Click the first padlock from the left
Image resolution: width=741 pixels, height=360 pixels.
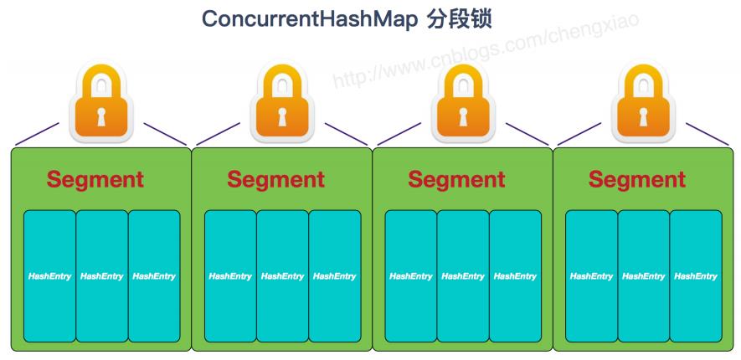pyautogui.click(x=101, y=105)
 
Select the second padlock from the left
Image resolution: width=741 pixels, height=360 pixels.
pyautogui.click(x=281, y=105)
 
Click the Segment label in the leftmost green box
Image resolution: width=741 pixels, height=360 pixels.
pyautogui.click(x=95, y=179)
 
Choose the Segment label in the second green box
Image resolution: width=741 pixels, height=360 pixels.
pyautogui.click(x=275, y=179)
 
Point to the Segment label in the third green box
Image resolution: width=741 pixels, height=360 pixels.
pyautogui.click(x=456, y=179)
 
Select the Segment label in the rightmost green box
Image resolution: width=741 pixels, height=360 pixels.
pyautogui.click(x=636, y=179)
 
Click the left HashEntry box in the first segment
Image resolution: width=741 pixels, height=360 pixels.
pyautogui.click(x=49, y=276)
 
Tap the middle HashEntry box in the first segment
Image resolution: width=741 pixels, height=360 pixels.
pyautogui.click(x=101, y=276)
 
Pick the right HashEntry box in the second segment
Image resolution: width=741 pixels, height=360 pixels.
pyautogui.click(x=334, y=276)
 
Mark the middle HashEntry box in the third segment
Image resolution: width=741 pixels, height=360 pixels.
pyautogui.click(x=463, y=276)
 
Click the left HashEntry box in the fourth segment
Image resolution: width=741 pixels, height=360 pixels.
pyautogui.click(x=591, y=276)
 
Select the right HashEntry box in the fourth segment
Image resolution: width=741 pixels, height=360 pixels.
pyautogui.click(x=695, y=276)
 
